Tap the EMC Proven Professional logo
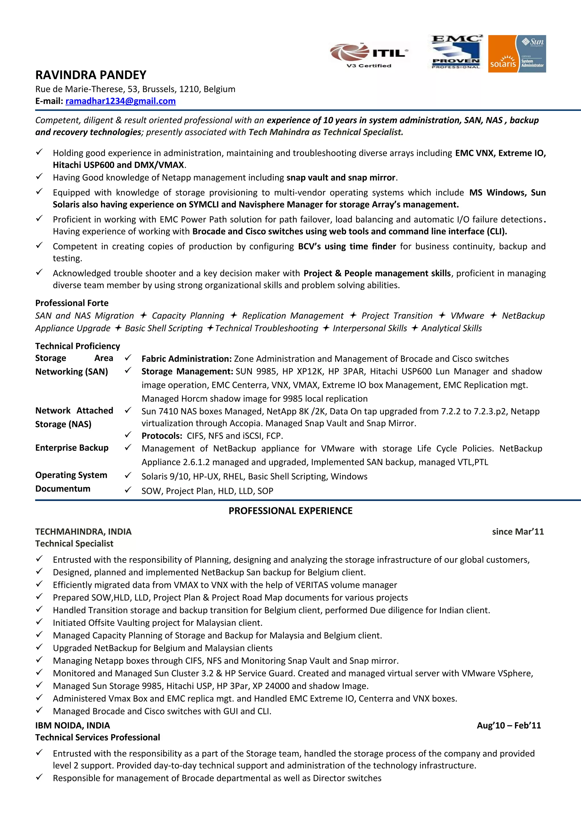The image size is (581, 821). (x=456, y=52)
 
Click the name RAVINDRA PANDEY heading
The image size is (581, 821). (x=91, y=75)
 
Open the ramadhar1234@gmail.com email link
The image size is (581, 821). (x=120, y=101)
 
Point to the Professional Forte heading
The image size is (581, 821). (x=71, y=303)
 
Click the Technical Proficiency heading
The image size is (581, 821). (x=77, y=346)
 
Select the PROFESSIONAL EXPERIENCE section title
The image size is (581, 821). (x=290, y=511)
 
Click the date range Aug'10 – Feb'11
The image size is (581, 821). (x=508, y=725)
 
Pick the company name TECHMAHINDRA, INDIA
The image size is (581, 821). (x=83, y=532)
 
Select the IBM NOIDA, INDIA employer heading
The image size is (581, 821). (x=72, y=725)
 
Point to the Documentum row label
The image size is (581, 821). (x=63, y=488)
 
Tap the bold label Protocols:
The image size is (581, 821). (x=162, y=436)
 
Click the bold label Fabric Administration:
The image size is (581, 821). (x=186, y=359)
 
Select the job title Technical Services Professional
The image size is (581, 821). (x=97, y=737)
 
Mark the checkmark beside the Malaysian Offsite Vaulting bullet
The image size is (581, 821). (x=39, y=622)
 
